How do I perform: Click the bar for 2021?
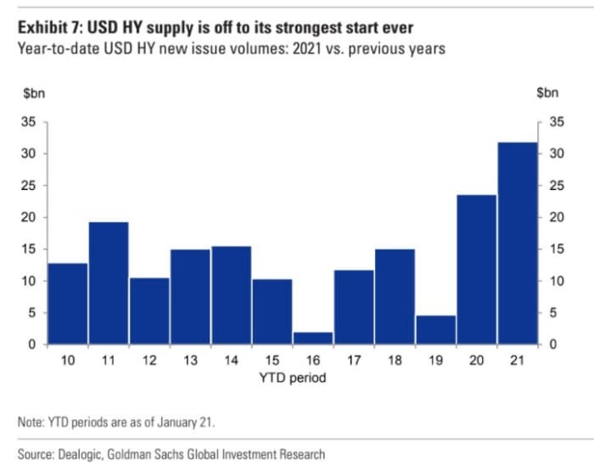(x=518, y=243)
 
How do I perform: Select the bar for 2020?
(x=477, y=270)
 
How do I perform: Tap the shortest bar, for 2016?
(x=313, y=338)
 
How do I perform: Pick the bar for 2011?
(x=109, y=283)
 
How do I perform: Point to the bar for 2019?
(x=436, y=330)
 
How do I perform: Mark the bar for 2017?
(x=354, y=307)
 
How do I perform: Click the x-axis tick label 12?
(x=149, y=361)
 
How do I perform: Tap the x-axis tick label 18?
(x=395, y=361)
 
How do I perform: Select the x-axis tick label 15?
(x=272, y=361)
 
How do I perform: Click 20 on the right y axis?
(x=557, y=217)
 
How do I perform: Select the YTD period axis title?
(x=292, y=378)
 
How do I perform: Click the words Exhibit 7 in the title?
(x=48, y=29)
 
